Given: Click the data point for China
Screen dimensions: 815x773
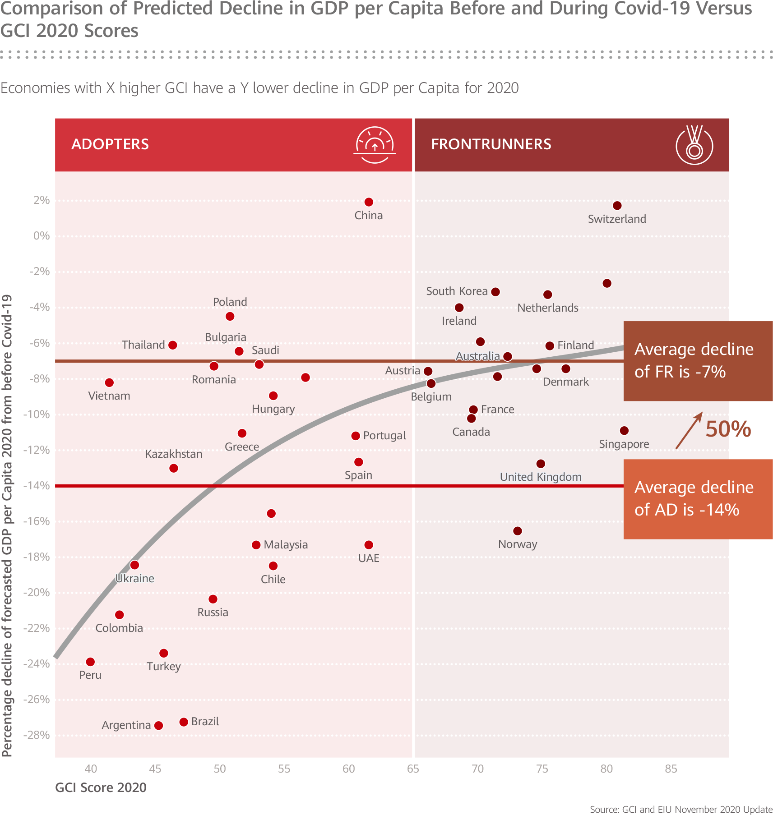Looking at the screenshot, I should point(369,202).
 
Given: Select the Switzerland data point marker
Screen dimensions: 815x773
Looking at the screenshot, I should point(617,206).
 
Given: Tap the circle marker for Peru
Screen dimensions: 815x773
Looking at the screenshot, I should point(90,662).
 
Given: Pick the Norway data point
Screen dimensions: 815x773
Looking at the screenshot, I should point(518,531).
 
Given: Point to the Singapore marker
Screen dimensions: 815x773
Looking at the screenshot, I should point(624,431).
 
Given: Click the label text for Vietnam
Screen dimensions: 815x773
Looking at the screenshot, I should point(109,396).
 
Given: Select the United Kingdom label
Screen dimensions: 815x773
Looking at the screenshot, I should point(540,477).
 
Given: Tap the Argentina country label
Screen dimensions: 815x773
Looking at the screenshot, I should point(126,725).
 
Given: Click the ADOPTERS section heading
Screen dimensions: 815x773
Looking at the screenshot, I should point(110,144).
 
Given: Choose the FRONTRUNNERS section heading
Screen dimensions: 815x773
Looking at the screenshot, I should point(491,144).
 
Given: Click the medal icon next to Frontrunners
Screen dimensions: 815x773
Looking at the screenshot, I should point(694,145).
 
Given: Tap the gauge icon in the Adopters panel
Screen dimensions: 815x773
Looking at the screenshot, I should point(375,144).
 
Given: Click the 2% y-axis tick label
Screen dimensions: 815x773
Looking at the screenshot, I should point(42,200).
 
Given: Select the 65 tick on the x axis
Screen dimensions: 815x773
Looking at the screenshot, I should point(413,769).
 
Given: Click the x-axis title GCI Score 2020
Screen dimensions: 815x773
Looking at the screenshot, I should point(101,787).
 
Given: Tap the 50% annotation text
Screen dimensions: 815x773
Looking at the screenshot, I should point(728,429).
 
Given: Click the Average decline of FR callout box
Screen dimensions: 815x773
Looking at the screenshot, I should point(698,361).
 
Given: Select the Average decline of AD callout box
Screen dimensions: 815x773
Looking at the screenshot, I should point(698,499).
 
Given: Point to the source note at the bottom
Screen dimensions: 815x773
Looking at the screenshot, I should point(680,810).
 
